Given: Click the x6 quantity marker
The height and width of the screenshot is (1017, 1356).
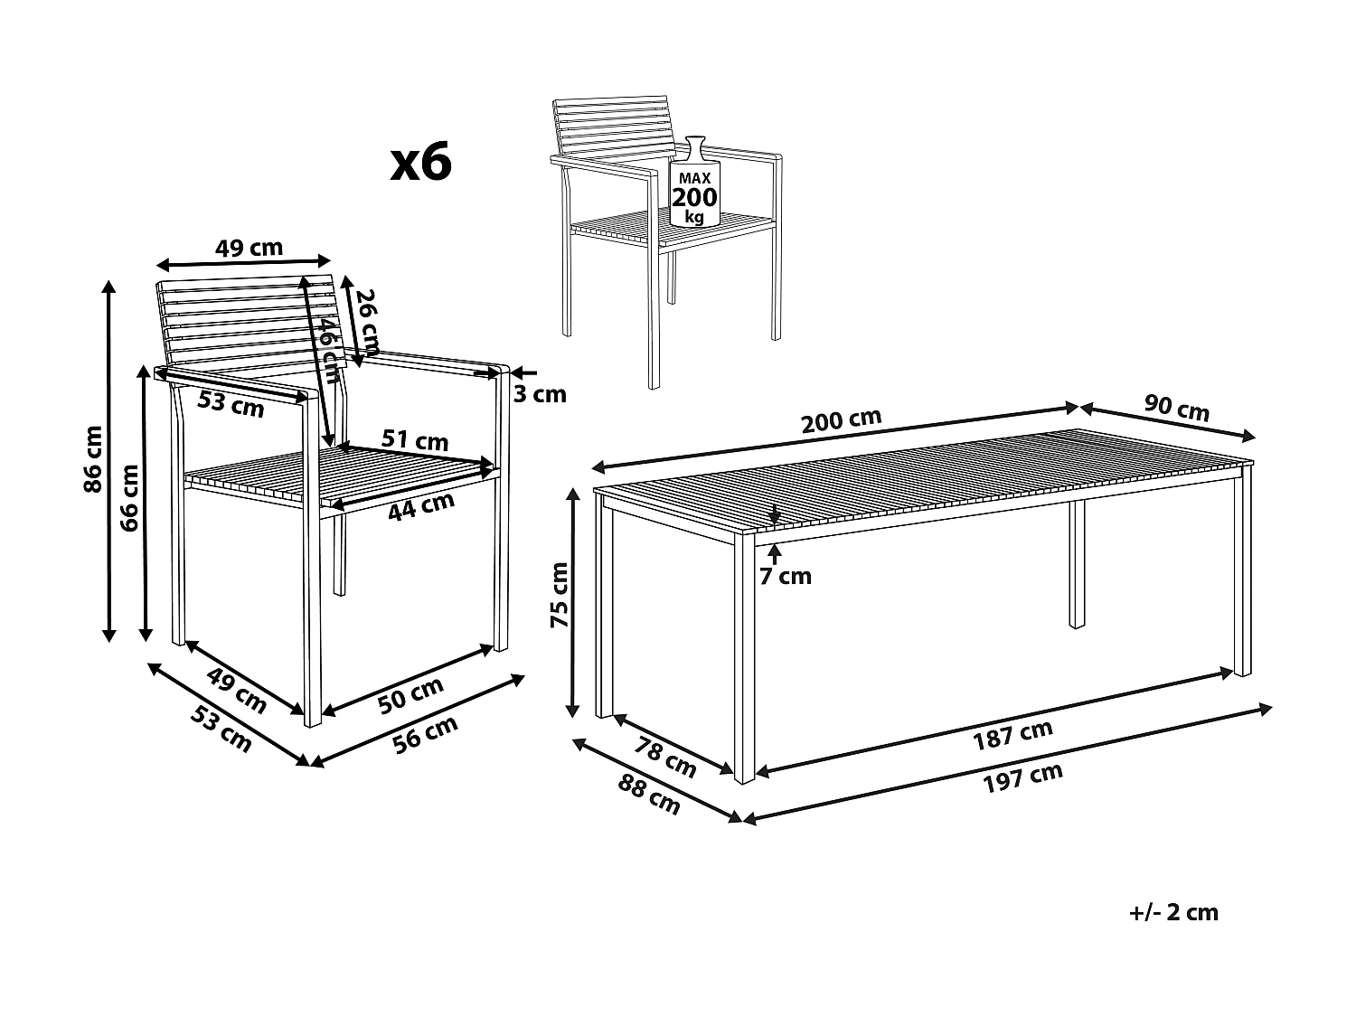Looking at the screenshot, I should click(420, 163).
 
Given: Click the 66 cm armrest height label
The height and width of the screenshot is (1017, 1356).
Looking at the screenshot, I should click(129, 497).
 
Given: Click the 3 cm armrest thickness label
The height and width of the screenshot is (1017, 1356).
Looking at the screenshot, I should click(539, 393).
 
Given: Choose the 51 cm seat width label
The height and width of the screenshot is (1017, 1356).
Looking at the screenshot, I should click(414, 440).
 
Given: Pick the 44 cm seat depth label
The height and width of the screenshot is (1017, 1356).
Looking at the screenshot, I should click(420, 506).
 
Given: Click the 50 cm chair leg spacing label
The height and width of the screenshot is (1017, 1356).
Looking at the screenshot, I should click(411, 695).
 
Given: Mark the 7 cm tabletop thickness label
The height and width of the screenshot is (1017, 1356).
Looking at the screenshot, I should click(785, 576).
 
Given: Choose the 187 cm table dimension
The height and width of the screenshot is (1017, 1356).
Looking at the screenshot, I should click(1012, 736).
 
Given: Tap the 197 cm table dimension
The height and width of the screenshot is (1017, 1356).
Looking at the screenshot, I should click(1022, 777).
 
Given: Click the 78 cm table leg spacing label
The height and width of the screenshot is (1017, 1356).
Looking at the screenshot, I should click(666, 757).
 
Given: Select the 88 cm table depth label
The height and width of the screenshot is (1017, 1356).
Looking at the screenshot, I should click(649, 795).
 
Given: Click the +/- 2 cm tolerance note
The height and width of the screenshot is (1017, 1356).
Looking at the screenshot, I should click(1173, 912).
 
